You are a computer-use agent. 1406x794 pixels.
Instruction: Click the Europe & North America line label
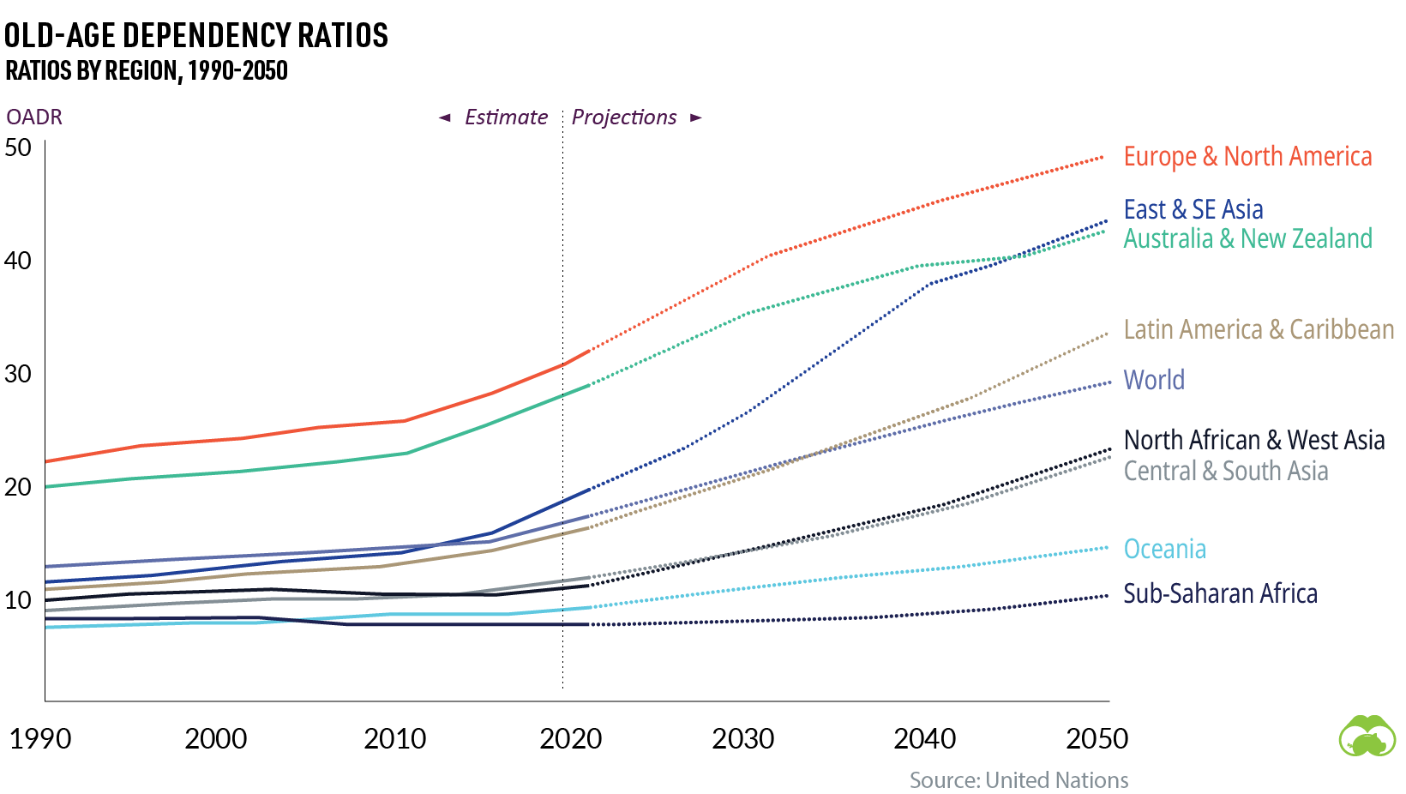(x=1247, y=157)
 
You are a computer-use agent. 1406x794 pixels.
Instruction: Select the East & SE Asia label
(x=1193, y=209)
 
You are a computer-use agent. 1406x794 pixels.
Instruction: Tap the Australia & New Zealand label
(x=1247, y=238)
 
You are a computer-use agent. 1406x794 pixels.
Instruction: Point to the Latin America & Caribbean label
(x=1259, y=329)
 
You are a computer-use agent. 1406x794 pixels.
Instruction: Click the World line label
(x=1154, y=380)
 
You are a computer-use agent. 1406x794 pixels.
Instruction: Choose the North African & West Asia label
(x=1253, y=440)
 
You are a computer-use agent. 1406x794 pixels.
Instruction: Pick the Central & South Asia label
(x=1226, y=471)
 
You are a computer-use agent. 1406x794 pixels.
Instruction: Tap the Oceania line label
(x=1164, y=549)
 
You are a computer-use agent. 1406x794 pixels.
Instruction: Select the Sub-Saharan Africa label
(x=1220, y=593)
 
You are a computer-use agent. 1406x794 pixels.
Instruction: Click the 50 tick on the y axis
(x=18, y=147)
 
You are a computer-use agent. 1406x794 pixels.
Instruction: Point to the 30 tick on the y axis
(x=18, y=374)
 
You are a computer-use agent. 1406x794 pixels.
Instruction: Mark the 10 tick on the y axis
(x=18, y=600)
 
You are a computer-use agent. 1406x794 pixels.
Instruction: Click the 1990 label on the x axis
(x=40, y=738)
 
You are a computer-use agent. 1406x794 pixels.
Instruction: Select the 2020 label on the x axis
(x=570, y=738)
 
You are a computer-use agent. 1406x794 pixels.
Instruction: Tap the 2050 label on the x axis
(x=1097, y=738)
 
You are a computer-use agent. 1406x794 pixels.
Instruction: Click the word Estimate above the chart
(x=506, y=117)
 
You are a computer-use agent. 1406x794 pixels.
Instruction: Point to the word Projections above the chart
(x=624, y=117)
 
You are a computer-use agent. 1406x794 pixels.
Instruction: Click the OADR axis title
(x=34, y=117)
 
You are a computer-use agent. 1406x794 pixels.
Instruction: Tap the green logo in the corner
(x=1367, y=736)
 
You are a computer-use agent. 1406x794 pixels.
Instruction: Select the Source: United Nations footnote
(x=1018, y=780)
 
